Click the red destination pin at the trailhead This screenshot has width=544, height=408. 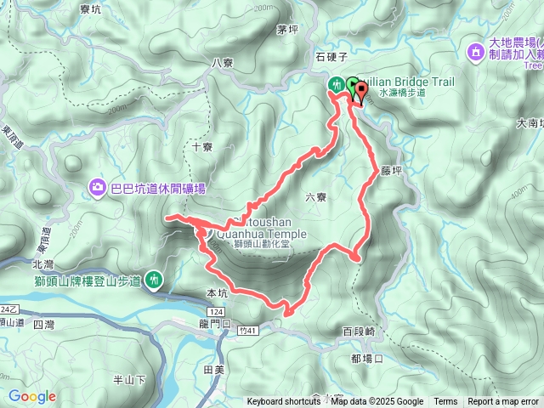click(x=357, y=93)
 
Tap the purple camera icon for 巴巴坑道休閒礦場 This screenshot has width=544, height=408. click(x=99, y=188)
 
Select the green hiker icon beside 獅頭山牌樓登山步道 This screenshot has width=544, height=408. click(x=155, y=278)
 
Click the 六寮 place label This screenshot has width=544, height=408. click(x=316, y=197)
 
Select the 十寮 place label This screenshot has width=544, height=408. click(x=201, y=146)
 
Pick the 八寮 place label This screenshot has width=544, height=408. click(x=222, y=62)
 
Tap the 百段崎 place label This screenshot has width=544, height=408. click(x=358, y=331)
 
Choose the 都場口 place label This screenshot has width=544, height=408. click(x=366, y=358)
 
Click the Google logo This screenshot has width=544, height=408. click(x=31, y=396)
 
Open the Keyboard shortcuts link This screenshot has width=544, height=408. click(x=284, y=402)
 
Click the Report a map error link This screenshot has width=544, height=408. click(x=503, y=402)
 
